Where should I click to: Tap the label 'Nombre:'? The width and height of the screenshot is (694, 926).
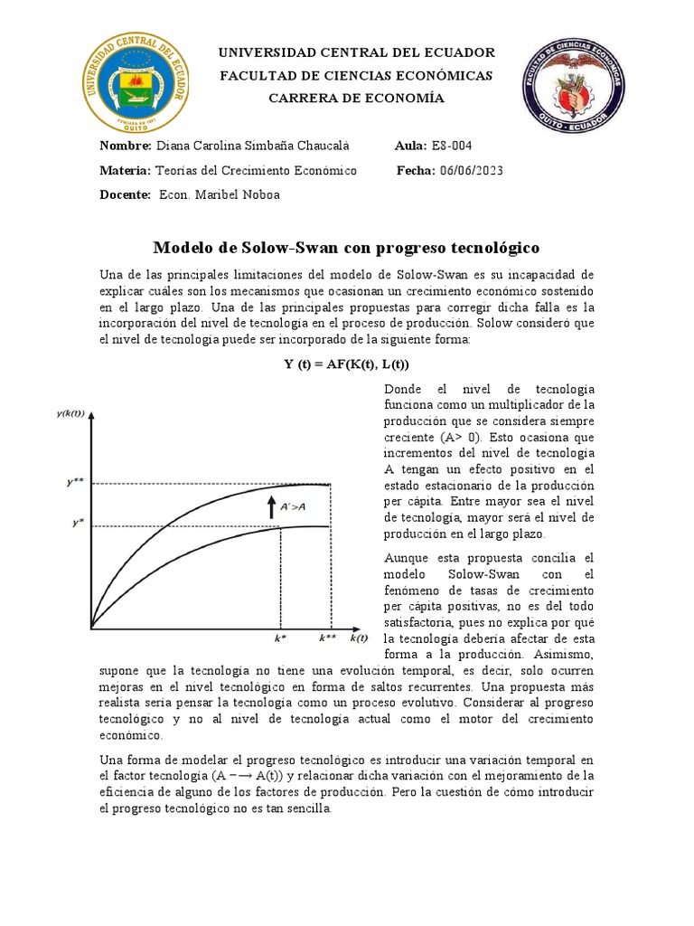[x=126, y=146]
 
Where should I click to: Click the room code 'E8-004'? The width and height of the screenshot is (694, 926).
[x=452, y=146]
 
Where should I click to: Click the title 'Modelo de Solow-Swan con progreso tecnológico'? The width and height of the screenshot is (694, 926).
[x=346, y=247]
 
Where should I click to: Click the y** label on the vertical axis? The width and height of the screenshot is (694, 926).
[x=76, y=483]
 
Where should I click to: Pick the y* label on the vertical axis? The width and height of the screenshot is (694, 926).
[x=78, y=524]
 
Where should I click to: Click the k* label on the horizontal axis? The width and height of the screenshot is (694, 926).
[x=281, y=638]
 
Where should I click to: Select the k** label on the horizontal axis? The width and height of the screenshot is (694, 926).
[x=327, y=638]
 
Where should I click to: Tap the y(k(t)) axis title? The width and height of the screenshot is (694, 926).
[x=70, y=414]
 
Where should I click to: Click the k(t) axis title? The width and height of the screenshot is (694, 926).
[x=360, y=638]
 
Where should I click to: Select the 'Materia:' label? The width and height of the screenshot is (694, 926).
[x=126, y=171]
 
